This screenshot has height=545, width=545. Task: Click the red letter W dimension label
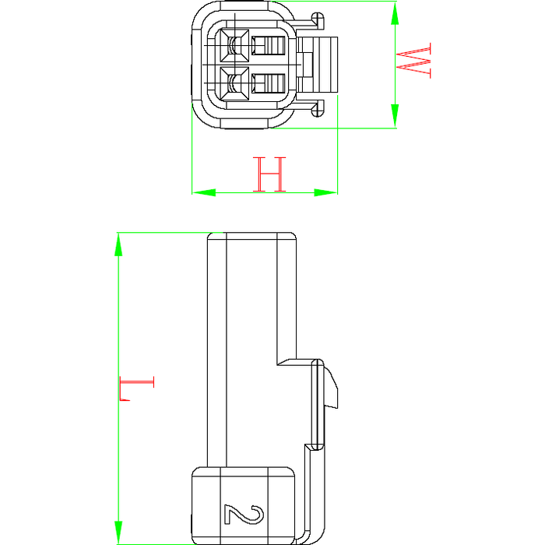[x=413, y=61]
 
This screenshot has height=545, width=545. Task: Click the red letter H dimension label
[x=269, y=174]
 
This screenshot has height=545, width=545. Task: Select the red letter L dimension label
[x=136, y=388]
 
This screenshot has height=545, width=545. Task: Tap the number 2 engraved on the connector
[x=244, y=515]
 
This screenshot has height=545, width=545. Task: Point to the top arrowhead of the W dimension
[x=395, y=13]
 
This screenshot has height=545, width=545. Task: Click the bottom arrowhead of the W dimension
[x=395, y=116]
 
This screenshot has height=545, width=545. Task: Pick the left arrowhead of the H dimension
[x=204, y=192]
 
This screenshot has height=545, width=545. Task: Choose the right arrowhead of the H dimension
[x=325, y=192]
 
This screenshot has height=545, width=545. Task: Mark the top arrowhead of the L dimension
[x=118, y=244]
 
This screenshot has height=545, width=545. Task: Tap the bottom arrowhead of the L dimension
[x=118, y=533]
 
